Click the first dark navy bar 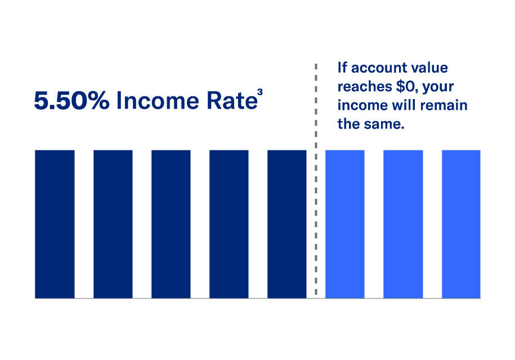pos(55,224)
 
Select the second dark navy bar pos(113,224)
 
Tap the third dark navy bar pos(171,224)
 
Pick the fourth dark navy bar pos(229,224)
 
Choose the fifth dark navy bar pos(287,224)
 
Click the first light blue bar pos(345,224)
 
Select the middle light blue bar pos(403,224)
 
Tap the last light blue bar pos(461,224)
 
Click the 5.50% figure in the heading pos(71,101)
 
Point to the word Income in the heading pos(158,101)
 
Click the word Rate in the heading pos(232,101)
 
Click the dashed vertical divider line pos(316,179)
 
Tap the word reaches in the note pos(365,86)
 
